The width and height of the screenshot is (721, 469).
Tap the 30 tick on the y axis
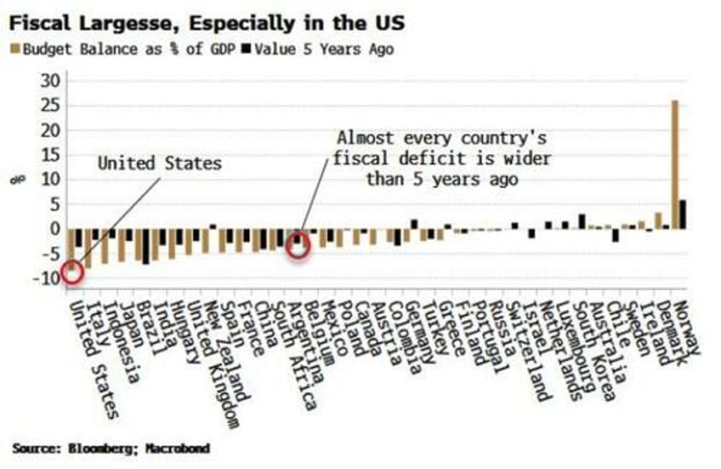click(53, 81)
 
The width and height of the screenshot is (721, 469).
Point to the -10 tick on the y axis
click(49, 278)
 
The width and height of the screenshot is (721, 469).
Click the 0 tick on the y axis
click(56, 229)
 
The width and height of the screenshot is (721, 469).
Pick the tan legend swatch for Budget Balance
click(14, 49)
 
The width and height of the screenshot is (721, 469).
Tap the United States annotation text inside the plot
click(159, 163)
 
